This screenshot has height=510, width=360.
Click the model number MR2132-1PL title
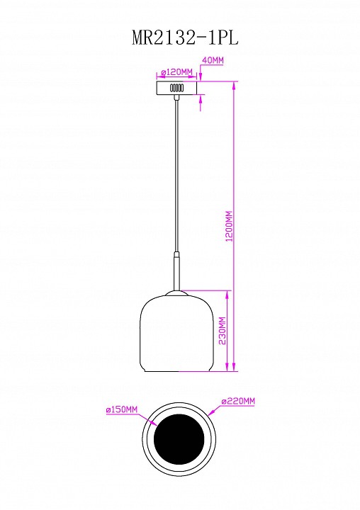[x=185, y=38]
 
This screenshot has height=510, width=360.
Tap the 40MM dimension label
[x=213, y=60]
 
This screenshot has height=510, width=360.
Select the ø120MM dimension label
[x=177, y=72]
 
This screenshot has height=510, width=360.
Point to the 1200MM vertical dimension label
[x=230, y=226]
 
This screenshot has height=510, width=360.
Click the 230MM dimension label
[x=223, y=331]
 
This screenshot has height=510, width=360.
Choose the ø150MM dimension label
[x=122, y=409]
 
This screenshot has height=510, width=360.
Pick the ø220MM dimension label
[x=238, y=401]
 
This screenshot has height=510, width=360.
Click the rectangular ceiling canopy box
[x=176, y=88]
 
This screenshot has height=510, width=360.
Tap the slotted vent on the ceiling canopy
[x=176, y=88]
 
